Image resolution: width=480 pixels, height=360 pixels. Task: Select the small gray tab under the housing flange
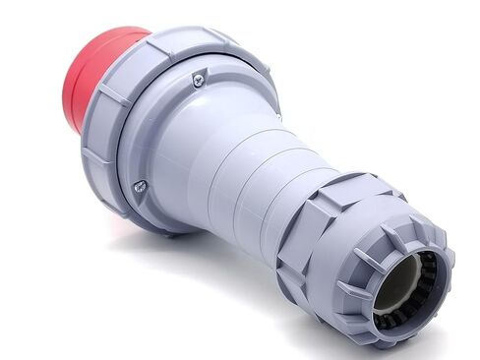(x=173, y=232)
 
